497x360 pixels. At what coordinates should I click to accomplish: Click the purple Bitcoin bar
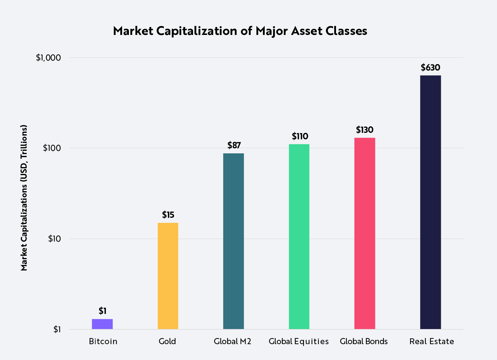coord(102,324)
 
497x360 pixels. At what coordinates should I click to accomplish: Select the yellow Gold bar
coord(168,276)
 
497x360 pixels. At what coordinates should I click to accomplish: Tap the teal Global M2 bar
coord(233,241)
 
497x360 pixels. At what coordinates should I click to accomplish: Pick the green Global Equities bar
coord(299,237)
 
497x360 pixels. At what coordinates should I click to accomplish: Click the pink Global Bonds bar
coord(364,233)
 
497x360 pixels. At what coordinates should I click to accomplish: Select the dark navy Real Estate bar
coord(430,202)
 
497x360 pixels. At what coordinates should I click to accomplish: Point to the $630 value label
coord(430,68)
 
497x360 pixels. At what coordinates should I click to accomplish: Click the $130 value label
coord(364,130)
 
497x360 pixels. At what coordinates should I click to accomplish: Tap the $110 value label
coord(300,136)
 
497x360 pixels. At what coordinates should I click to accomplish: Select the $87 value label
coord(234,145)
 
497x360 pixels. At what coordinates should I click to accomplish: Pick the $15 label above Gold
coord(168,215)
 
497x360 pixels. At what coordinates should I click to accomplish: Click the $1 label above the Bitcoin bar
coord(102,311)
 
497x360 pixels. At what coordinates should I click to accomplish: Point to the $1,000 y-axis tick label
coord(48,58)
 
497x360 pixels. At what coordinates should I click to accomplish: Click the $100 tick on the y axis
coord(52,148)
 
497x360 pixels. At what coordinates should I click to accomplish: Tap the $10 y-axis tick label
coord(54,239)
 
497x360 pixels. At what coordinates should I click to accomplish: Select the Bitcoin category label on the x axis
coord(103,341)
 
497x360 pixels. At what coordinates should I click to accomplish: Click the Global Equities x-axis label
coord(299,341)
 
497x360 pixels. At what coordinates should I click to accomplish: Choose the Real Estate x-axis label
coord(431,341)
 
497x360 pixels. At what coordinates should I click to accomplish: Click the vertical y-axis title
coord(24,198)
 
